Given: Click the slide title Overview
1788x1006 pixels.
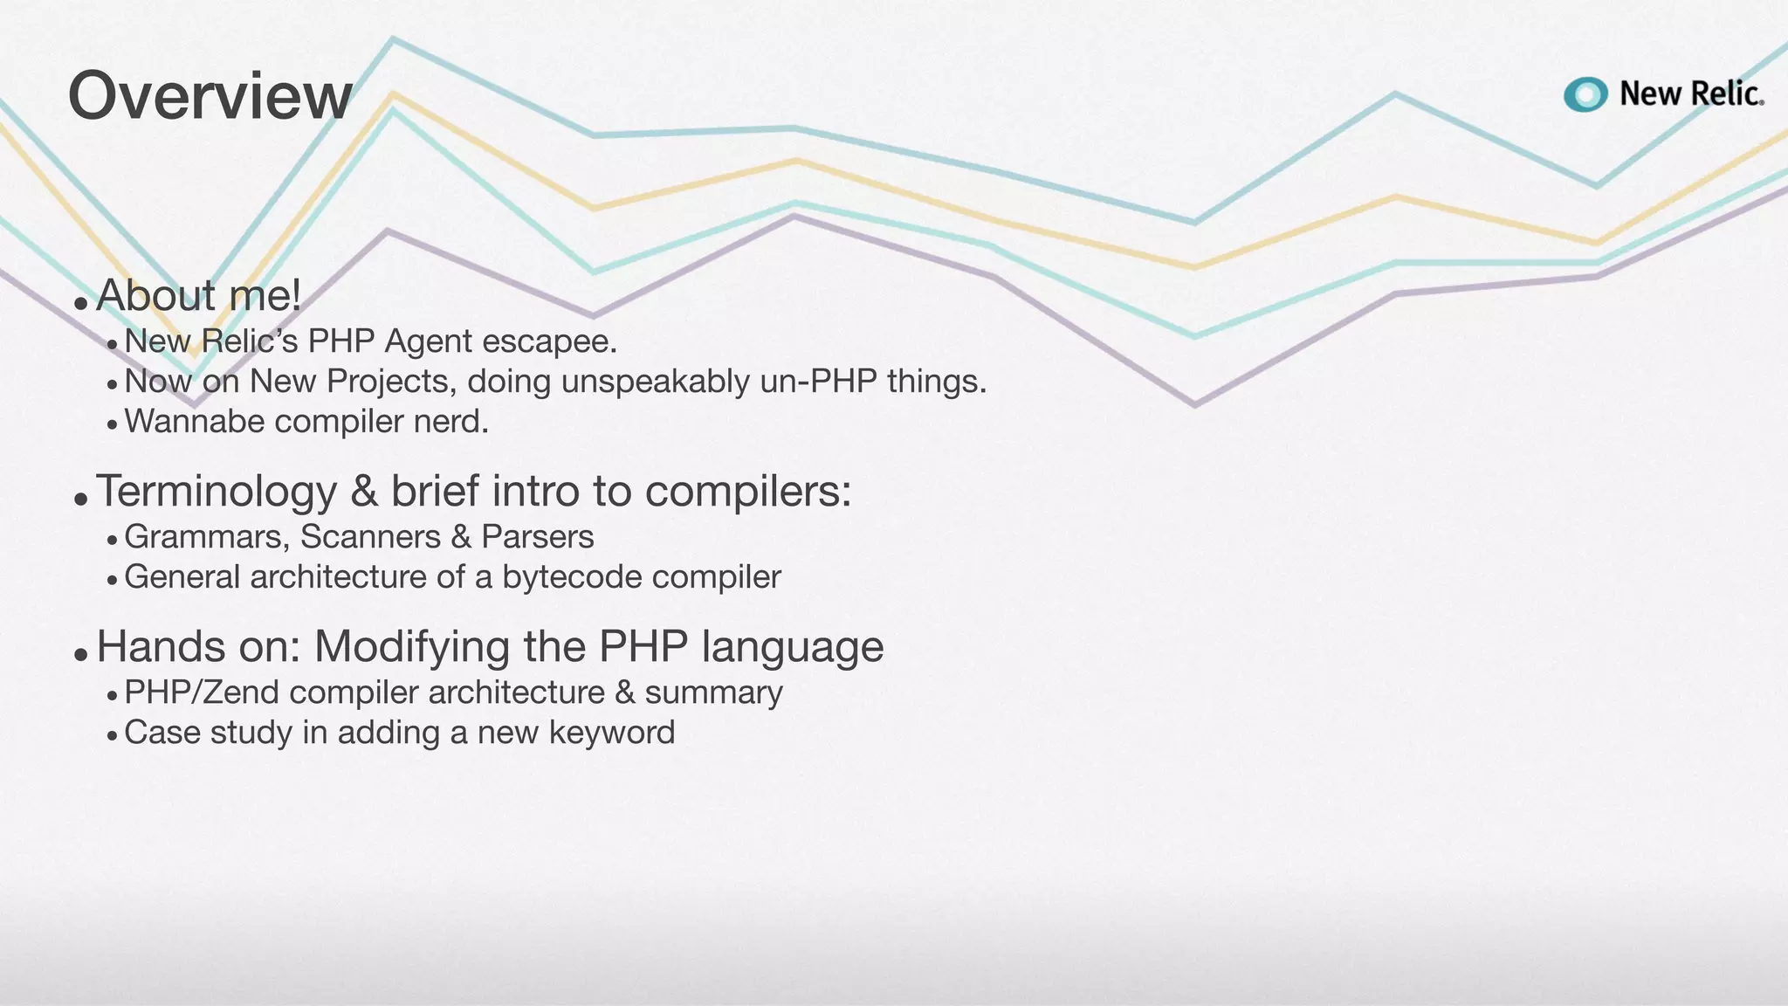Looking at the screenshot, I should click(x=210, y=96).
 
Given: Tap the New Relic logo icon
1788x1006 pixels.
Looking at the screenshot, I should click(x=1585, y=94).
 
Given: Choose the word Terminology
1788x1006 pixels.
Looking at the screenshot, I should click(x=216, y=491).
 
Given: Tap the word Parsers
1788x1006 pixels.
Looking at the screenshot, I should click(x=537, y=537).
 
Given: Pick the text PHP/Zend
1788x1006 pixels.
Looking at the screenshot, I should click(x=202, y=692).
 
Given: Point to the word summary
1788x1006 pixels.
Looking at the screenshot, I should click(x=713, y=692).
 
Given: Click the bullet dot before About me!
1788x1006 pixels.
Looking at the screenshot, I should click(x=80, y=303).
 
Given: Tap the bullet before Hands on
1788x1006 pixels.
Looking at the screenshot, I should click(x=80, y=654).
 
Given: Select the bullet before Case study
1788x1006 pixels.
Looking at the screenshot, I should click(x=112, y=736).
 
